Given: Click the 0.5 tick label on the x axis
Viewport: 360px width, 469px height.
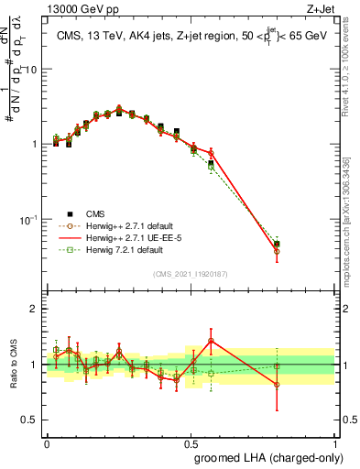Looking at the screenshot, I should [x=190, y=442].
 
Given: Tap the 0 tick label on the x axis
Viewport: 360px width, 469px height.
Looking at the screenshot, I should [x=47, y=442].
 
